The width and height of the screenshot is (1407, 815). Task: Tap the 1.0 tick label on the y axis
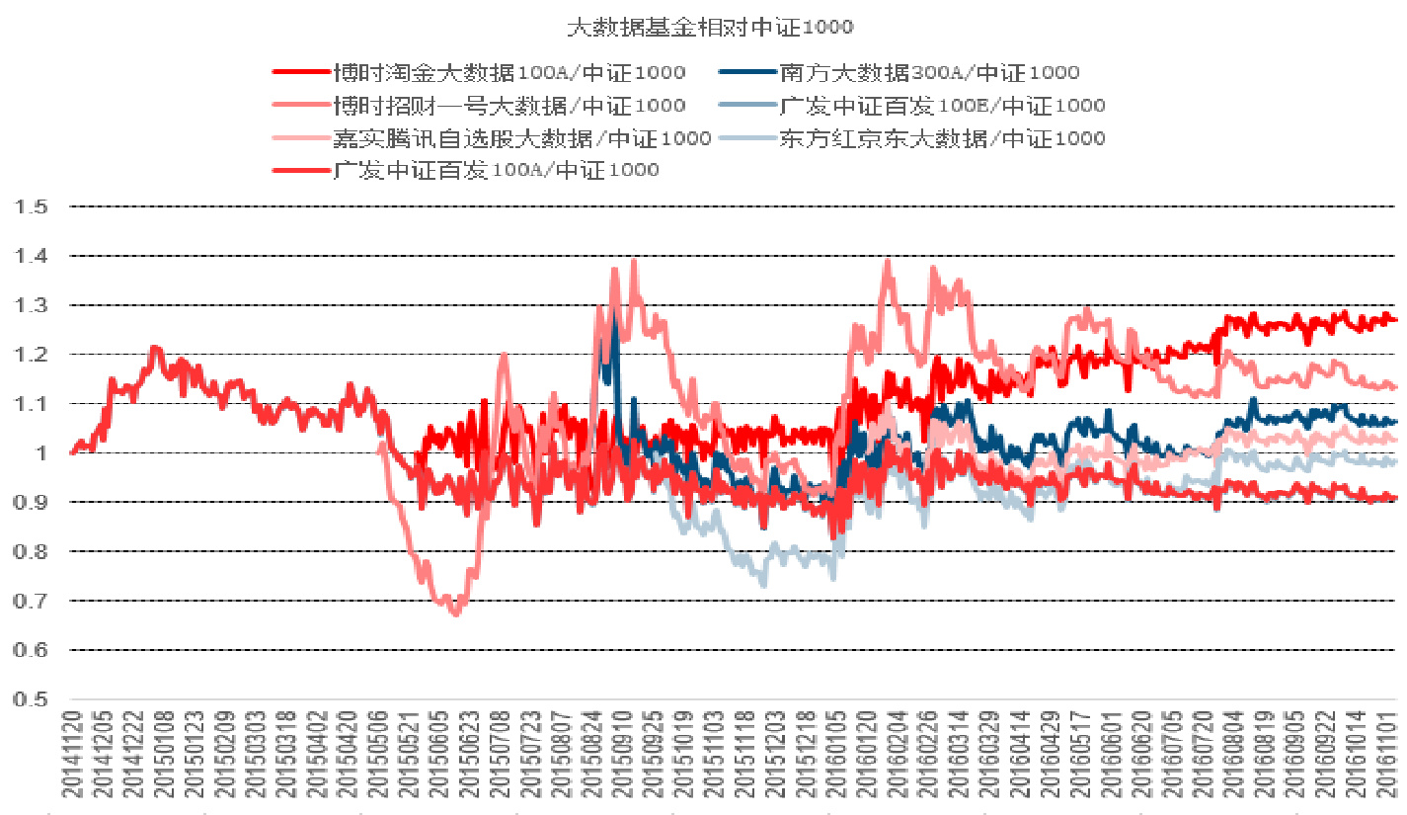coord(38,453)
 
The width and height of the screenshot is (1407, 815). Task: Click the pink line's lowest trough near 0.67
coord(455,613)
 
